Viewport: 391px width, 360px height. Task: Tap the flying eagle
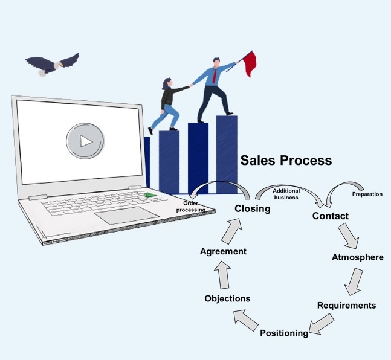click(x=51, y=62)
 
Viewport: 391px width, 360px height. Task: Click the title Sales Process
click(x=286, y=161)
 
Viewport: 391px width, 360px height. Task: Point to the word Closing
click(x=252, y=209)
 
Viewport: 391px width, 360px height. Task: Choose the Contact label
click(x=330, y=216)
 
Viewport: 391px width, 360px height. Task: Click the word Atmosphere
click(x=357, y=257)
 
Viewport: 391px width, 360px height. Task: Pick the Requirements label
click(x=346, y=305)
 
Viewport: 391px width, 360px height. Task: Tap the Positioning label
click(x=284, y=333)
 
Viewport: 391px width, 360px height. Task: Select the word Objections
click(x=227, y=298)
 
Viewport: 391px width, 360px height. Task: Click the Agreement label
click(x=223, y=251)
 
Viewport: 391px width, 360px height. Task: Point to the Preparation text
click(x=367, y=194)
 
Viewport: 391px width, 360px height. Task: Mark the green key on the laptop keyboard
click(x=149, y=194)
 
